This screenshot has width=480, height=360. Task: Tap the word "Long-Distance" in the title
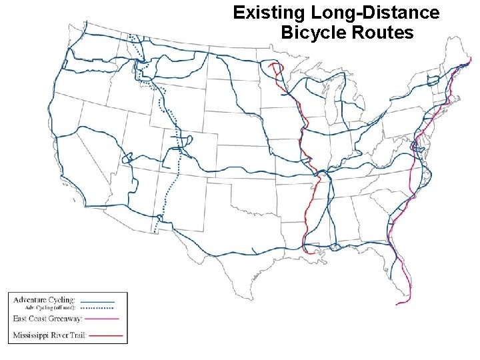[x=375, y=13]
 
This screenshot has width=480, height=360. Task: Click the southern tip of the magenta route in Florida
[x=399, y=304]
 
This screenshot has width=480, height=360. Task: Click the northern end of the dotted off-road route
[x=130, y=35]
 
